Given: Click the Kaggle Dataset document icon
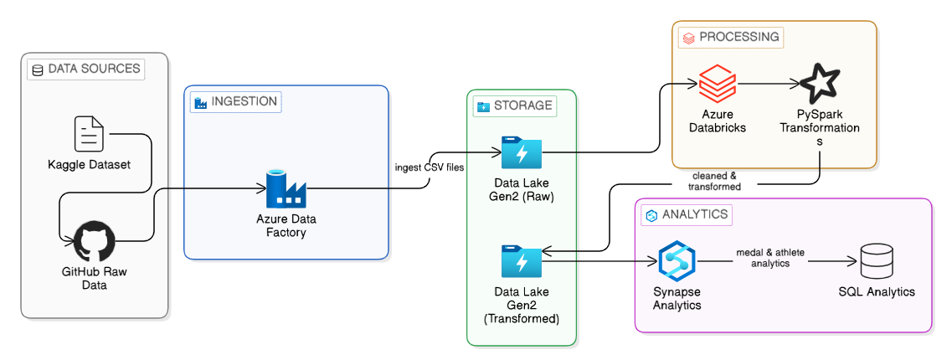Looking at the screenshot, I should coord(89,134).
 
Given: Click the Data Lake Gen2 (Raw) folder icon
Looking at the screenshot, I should coord(521,152).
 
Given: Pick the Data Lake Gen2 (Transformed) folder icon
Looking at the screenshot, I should coord(521,261).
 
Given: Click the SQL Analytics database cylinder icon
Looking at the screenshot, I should coord(876,261).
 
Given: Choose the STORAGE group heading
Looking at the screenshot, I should coord(514,105).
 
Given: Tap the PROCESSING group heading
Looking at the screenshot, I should coord(731,37).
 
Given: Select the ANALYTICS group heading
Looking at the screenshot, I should coord(686,214).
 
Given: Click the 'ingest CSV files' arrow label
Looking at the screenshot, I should coord(431,167).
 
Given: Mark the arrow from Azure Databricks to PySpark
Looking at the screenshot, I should coord(766,84).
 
